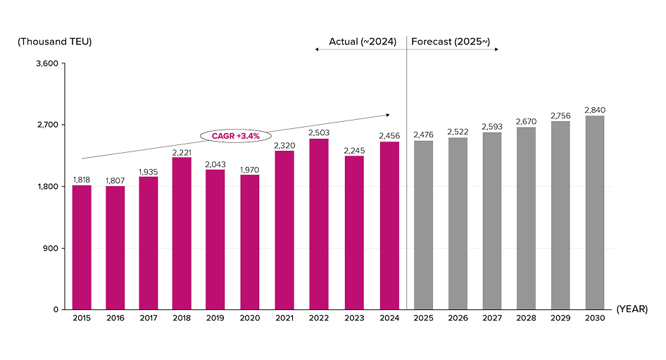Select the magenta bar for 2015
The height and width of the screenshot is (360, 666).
click(82, 247)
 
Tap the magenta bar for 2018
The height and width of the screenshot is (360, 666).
click(182, 232)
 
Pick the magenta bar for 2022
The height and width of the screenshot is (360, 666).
click(319, 223)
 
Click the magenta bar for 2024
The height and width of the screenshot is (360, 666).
click(389, 225)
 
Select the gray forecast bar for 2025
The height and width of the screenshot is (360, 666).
click(423, 225)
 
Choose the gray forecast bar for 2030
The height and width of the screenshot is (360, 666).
click(595, 211)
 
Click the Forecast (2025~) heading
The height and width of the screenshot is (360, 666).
click(451, 41)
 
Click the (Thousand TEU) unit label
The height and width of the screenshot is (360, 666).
click(54, 41)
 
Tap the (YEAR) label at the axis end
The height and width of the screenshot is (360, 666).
click(631, 309)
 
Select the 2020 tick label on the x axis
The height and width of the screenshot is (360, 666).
click(250, 318)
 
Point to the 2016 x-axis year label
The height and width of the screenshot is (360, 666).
click(115, 318)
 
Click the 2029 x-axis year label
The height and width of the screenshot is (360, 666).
click(560, 318)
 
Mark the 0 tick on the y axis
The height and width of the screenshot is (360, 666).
click(56, 309)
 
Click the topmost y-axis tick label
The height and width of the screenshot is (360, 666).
click(48, 63)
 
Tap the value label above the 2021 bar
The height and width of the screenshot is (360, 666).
click(284, 146)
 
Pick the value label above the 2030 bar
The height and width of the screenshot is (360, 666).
click(595, 110)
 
